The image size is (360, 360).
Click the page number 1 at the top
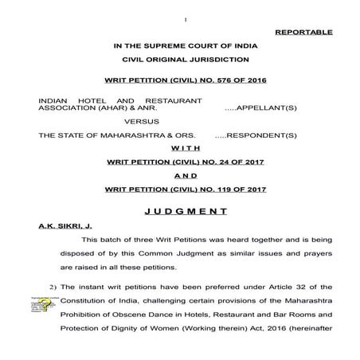[184, 19]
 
